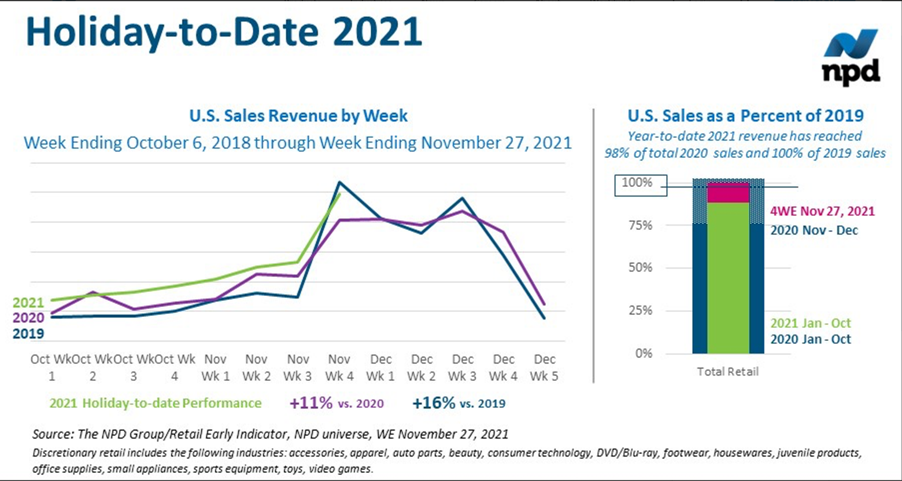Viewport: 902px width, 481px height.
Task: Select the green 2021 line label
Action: pyautogui.click(x=28, y=303)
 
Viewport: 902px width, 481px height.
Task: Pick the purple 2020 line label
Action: pyautogui.click(x=28, y=318)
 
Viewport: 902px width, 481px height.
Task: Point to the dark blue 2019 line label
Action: pyautogui.click(x=28, y=333)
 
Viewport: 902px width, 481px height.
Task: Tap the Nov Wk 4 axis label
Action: pyautogui.click(x=339, y=368)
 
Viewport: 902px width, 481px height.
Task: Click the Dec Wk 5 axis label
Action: pyautogui.click(x=544, y=368)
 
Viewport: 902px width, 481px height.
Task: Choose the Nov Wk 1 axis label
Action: pyautogui.click(x=216, y=368)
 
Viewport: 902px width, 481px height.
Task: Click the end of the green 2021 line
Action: pyautogui.click(x=339, y=194)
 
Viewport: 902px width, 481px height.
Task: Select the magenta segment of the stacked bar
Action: pyautogui.click(x=728, y=193)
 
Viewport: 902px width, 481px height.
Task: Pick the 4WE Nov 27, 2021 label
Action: pyautogui.click(x=822, y=211)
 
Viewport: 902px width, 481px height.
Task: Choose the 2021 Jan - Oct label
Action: pyautogui.click(x=811, y=323)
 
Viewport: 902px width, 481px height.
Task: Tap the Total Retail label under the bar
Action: pyautogui.click(x=727, y=372)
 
